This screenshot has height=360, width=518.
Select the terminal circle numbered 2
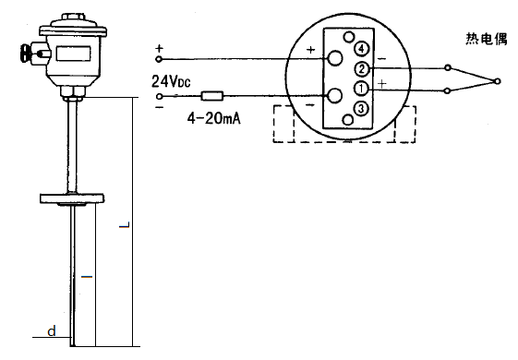pyautogui.click(x=362, y=69)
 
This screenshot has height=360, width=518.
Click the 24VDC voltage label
pyautogui.click(x=171, y=82)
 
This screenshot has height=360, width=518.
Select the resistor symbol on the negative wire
pyautogui.click(x=213, y=95)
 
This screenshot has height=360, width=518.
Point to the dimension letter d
pyautogui.click(x=52, y=330)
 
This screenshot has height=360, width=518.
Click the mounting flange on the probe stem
pyautogui.click(x=74, y=197)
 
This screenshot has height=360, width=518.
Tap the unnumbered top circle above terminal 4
pyautogui.click(x=349, y=38)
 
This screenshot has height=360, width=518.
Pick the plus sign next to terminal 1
pyautogui.click(x=380, y=84)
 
